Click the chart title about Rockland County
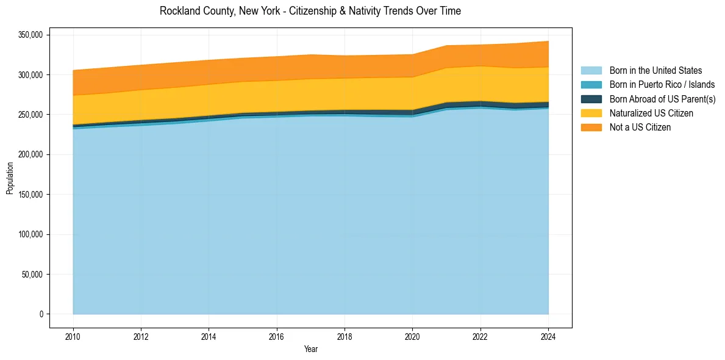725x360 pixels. [x=310, y=11]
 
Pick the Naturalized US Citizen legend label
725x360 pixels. [x=651, y=113]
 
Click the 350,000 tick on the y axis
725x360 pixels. [x=30, y=35]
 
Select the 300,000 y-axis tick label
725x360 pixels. [x=30, y=75]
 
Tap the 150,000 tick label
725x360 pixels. [x=30, y=195]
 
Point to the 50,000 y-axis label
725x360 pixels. [x=32, y=275]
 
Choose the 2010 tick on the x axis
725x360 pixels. [x=73, y=336]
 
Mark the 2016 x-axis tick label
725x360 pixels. [x=277, y=336]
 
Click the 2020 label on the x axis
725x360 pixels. [x=413, y=336]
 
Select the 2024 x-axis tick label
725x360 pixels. [x=548, y=336]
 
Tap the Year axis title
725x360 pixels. [x=310, y=349]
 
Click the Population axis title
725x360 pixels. [x=10, y=178]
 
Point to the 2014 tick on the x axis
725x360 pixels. [x=209, y=336]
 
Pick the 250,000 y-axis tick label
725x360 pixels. [x=30, y=115]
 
